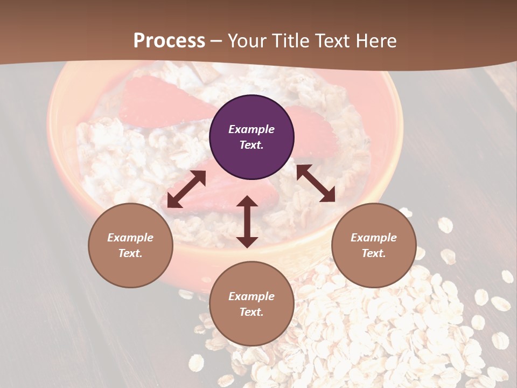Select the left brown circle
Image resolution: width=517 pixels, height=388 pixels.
coord(130,245)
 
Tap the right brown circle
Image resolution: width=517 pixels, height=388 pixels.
coord(374,245)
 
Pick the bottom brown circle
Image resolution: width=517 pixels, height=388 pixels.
coord(251,304)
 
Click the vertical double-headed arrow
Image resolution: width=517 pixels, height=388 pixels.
coord(247,221)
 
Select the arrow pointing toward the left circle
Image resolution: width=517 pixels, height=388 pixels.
coord(186,189)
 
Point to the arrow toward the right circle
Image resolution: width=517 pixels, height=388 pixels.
coord(316,183)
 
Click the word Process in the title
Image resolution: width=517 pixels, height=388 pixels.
coord(169,40)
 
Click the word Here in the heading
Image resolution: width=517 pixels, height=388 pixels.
coord(377,40)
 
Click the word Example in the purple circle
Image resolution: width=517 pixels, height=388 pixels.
coord(251,129)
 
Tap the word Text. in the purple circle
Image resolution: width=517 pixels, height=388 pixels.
coord(251,145)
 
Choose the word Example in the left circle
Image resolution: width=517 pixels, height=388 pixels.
coord(130,238)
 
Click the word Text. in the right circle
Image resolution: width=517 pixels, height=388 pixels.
coord(374,253)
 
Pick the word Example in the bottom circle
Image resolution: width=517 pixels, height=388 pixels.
coord(251,296)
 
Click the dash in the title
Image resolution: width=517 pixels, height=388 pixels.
coord(216,41)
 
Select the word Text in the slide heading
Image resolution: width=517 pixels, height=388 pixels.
coord(333,40)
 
